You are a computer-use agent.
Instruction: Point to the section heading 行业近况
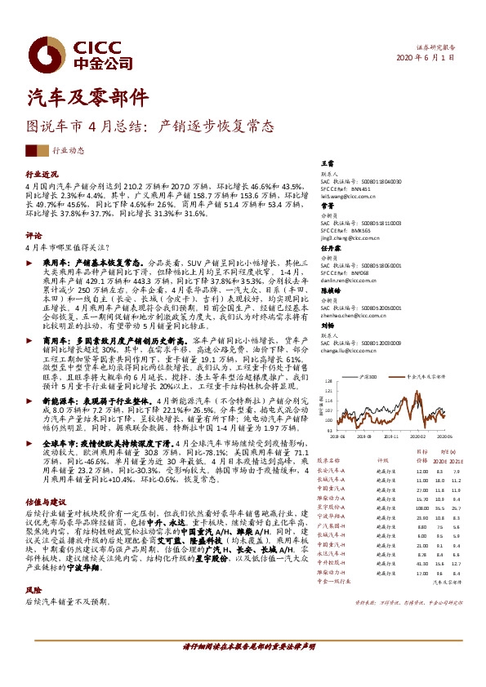pyautogui.click(x=42, y=175)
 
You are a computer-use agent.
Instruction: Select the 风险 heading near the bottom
pyautogui.click(x=33, y=588)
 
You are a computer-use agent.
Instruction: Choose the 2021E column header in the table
pyautogui.click(x=459, y=459)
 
